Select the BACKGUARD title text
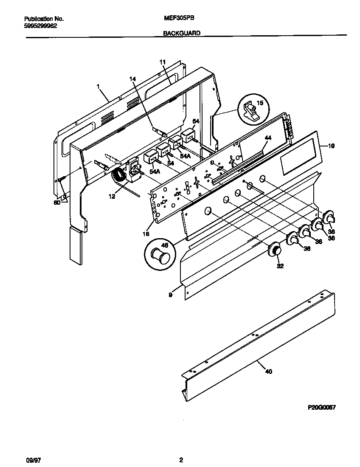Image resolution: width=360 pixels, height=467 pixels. (182, 33)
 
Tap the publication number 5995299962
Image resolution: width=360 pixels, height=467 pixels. (41, 25)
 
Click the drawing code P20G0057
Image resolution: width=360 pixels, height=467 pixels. (321, 407)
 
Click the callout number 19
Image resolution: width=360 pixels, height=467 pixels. (331, 146)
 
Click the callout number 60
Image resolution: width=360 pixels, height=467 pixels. (56, 203)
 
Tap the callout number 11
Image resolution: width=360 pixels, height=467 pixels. (162, 62)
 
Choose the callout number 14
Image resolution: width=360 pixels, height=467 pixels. (132, 79)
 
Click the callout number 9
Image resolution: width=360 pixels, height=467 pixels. (170, 294)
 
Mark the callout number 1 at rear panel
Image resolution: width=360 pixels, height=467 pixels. (98, 86)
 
